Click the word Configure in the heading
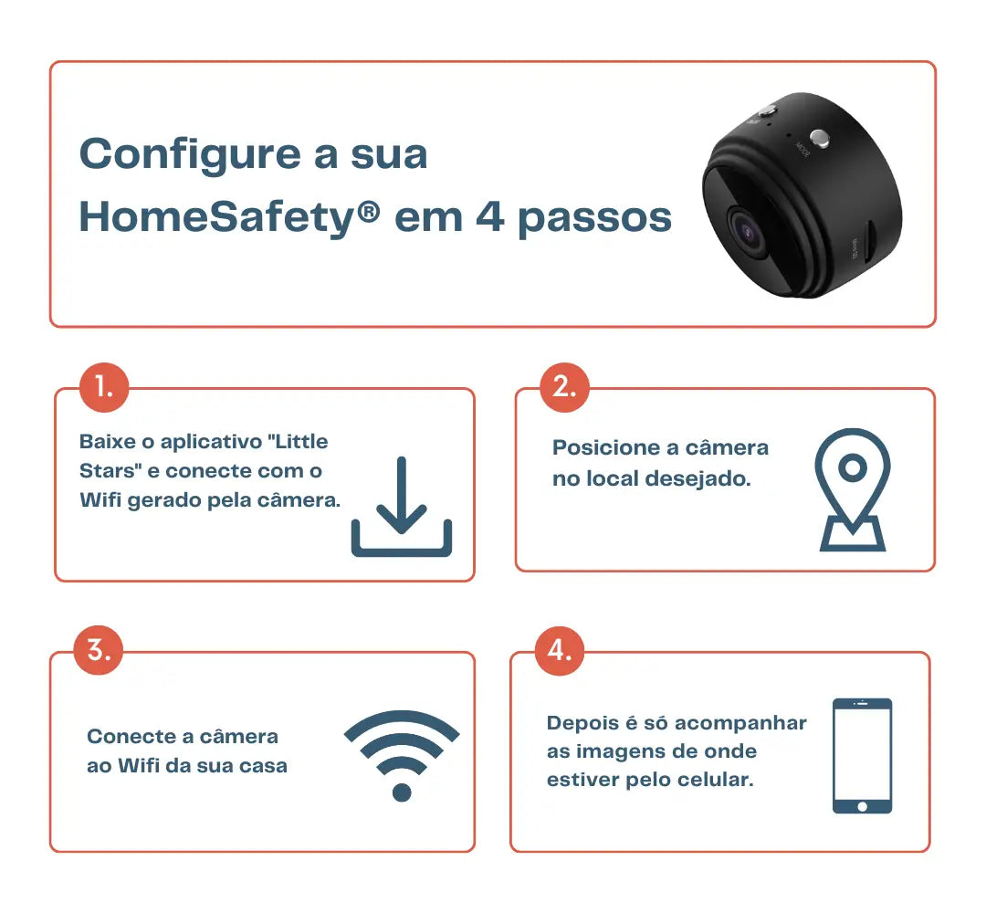[190, 155]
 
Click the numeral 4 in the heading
[489, 216]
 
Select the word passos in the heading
[594, 219]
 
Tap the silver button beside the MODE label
[819, 138]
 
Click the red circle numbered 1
[104, 387]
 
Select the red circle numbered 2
[565, 387]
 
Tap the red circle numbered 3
[98, 650]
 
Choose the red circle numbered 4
[559, 650]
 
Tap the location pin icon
[853, 490]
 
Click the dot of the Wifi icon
[402, 792]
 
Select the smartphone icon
[862, 755]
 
